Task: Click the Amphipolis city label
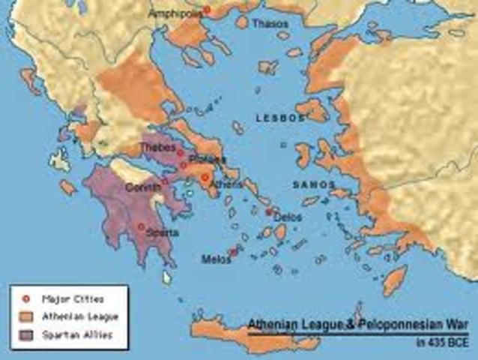(x=173, y=13)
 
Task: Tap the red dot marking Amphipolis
(x=207, y=10)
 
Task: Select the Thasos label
(x=270, y=24)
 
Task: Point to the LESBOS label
(x=280, y=118)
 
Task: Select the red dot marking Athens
(x=204, y=178)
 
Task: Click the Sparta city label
(x=163, y=232)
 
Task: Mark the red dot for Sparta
(x=141, y=226)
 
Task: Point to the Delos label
(x=288, y=217)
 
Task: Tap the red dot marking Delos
(x=269, y=212)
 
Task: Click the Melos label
(x=215, y=259)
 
